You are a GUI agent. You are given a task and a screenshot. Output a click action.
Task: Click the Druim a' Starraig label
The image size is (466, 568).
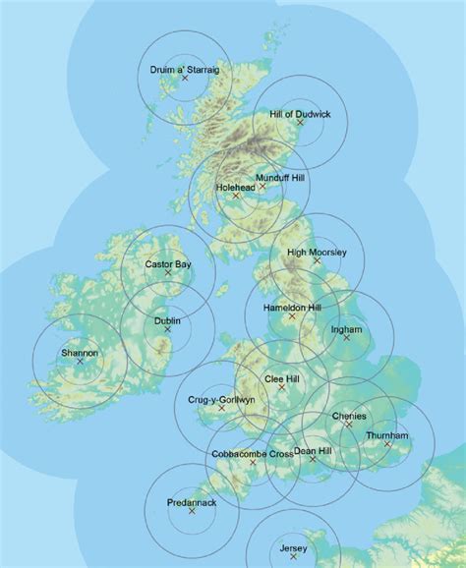point(185,69)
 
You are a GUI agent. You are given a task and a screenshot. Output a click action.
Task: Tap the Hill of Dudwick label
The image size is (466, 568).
point(300,115)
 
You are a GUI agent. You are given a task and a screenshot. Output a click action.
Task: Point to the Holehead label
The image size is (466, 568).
point(235,186)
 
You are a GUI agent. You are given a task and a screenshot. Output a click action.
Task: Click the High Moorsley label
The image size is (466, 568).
point(317,253)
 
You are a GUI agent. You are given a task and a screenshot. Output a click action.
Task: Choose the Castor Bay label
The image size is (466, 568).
point(168,264)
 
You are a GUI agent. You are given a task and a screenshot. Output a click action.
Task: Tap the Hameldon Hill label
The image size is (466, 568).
point(293,308)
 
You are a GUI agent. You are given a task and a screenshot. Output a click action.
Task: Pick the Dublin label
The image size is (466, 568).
point(167,320)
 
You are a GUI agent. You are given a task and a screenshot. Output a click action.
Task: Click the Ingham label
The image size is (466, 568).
point(347,329)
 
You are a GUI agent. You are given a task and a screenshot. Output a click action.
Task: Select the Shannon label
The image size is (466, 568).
point(80,353)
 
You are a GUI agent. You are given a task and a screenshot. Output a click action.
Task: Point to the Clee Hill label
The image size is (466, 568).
point(282,378)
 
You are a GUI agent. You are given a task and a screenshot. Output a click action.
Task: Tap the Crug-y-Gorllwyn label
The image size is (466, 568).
point(221,400)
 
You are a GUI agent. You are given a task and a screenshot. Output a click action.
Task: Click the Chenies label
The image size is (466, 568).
point(349,416)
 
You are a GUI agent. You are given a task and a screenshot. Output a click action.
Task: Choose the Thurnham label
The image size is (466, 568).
point(386,435)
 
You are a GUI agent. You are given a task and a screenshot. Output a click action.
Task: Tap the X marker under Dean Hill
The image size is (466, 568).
point(313,459)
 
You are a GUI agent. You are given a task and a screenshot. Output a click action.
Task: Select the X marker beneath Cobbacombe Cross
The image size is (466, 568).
point(253,463)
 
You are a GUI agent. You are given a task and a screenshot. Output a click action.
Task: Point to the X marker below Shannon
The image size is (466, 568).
point(80,362)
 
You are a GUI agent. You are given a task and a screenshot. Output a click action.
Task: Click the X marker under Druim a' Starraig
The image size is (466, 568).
point(185,78)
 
